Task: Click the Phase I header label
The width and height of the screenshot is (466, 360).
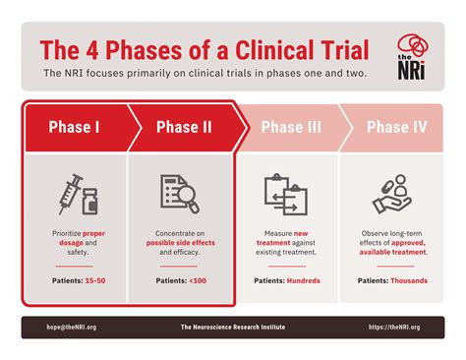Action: point(73,126)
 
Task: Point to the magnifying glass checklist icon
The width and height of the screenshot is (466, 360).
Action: point(180,194)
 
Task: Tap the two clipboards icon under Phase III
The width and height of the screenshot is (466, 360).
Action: point(285,194)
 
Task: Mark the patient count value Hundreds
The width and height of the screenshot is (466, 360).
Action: point(304,280)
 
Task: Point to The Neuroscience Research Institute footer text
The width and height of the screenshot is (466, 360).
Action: point(233,327)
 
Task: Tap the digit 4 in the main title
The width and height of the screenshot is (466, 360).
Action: point(97,49)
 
